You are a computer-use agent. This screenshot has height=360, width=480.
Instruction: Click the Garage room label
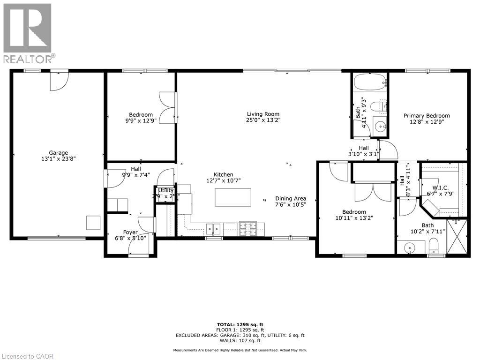tap(59, 152)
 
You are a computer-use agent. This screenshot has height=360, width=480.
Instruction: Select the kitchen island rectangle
tap(233, 197)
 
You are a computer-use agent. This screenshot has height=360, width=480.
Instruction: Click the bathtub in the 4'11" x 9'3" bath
tap(369, 82)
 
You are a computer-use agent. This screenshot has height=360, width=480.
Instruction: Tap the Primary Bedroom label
tap(427, 116)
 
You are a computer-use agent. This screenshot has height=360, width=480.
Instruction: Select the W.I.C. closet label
tap(440, 187)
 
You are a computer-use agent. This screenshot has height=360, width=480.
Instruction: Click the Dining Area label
tap(291, 198)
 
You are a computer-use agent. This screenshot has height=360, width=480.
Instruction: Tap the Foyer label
tap(130, 232)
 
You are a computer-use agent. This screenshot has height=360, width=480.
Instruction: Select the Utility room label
tap(165, 190)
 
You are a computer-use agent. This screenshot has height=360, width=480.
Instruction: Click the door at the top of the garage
tap(59, 81)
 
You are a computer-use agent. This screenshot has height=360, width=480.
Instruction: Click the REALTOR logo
tap(28, 33)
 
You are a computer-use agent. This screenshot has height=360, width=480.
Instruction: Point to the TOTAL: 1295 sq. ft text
tap(240, 324)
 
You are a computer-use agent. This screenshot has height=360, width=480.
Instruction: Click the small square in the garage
tap(93, 223)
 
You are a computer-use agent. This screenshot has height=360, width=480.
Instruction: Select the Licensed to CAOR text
tap(28, 356)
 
